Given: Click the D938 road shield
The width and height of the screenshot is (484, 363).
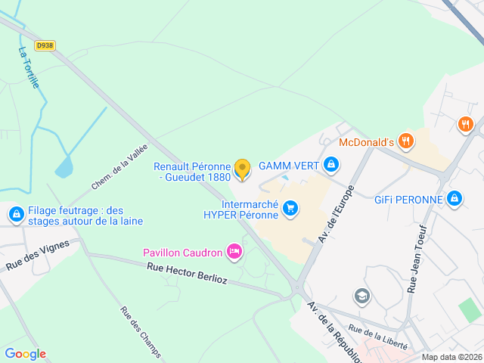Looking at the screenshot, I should [x=45, y=45].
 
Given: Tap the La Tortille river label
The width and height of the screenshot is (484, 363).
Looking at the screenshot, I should [x=29, y=67].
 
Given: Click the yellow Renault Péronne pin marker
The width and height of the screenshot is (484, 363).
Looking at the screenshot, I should [x=242, y=169].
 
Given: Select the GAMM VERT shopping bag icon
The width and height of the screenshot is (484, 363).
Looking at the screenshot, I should [x=330, y=164].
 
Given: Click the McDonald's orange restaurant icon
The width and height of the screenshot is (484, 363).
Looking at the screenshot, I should [x=407, y=140].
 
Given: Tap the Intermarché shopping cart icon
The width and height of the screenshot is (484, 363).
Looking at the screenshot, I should [x=290, y=207].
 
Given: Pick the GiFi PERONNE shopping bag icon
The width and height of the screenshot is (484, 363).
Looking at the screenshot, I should [x=455, y=199].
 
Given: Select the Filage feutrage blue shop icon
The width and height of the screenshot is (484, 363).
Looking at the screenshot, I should [x=15, y=216].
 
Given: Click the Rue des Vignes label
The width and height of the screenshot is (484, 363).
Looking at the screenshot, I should [x=38, y=255].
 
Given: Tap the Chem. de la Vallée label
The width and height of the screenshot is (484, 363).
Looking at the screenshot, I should [x=119, y=167].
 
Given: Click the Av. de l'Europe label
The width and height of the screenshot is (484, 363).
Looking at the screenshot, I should [x=337, y=215].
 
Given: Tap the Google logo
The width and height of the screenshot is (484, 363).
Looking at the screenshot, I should [x=25, y=354].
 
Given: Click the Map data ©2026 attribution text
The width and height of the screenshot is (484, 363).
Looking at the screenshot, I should [x=451, y=357].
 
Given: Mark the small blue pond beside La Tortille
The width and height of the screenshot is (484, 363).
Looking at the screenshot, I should [x=64, y=166].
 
